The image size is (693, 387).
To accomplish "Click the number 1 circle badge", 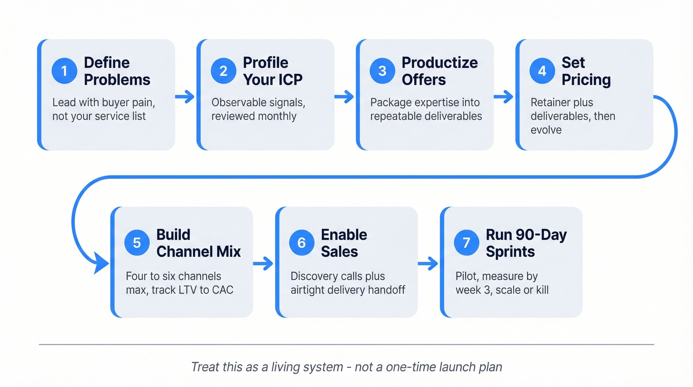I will pos(64,71).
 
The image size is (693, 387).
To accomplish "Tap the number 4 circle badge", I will pos(542,71).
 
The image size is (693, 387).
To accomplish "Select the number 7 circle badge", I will pos(466,243).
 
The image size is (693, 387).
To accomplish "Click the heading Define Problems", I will pos(117,71).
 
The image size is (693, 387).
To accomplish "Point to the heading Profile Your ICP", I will pos(272,71).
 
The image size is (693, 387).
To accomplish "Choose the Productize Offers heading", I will pos(440,71).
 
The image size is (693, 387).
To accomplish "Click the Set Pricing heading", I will pos(586,71).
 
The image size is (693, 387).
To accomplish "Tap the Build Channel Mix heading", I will pos(198,243).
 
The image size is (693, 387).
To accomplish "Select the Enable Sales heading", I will pos(344,243).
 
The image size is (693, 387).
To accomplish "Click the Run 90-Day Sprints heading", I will pos(526,243).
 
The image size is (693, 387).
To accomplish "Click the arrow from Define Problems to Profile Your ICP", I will pos(185,97).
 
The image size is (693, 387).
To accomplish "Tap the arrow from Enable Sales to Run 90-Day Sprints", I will pos(428,264).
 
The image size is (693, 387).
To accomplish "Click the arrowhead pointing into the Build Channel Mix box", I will pos(102,265).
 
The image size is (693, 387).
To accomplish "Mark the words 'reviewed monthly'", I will pos(254,116).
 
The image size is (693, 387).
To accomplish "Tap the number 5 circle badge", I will pos(137,243).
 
